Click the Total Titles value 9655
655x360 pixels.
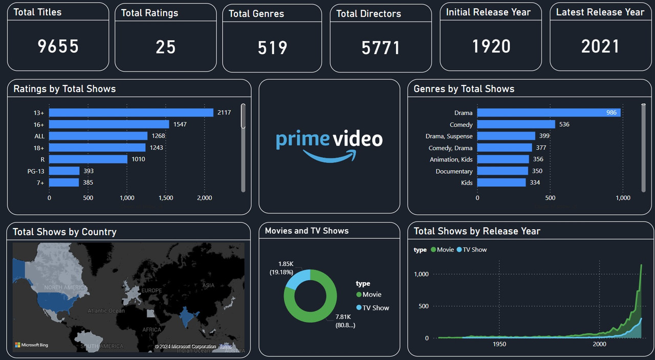click(58, 47)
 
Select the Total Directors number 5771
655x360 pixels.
click(380, 48)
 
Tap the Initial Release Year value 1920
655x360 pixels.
click(491, 47)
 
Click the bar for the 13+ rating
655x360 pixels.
click(131, 112)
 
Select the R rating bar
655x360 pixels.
click(88, 159)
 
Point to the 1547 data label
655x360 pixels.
click(180, 124)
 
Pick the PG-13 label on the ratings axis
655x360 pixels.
click(36, 171)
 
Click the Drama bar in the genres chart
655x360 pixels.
click(549, 112)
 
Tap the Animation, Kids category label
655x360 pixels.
click(451, 160)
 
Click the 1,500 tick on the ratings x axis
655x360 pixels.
click(165, 198)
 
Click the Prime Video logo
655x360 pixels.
click(329, 145)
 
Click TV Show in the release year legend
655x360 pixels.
click(474, 250)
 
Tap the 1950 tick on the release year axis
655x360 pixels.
click(499, 344)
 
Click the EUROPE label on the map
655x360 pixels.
click(151, 290)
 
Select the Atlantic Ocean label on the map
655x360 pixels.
click(106, 311)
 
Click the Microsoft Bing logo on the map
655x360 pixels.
click(32, 345)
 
